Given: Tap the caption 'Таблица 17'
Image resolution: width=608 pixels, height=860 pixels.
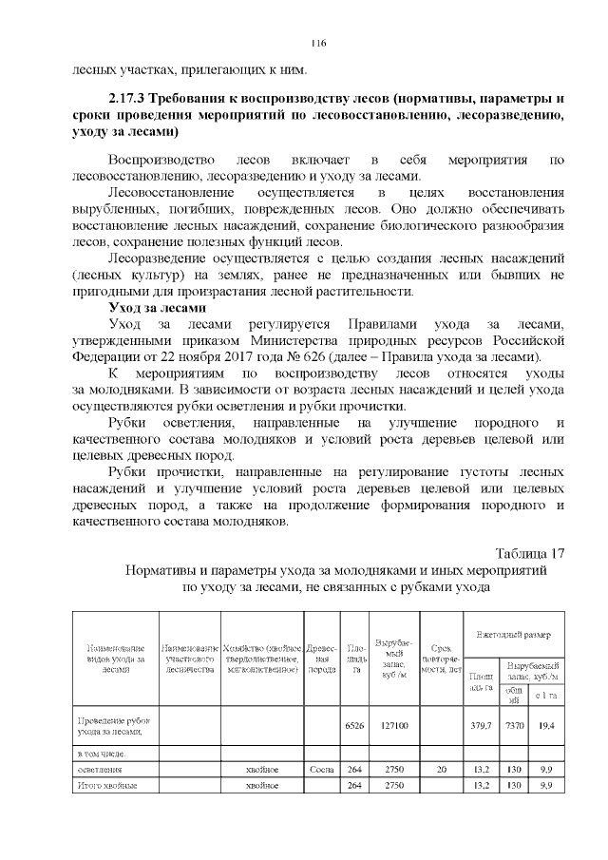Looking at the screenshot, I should [x=531, y=554].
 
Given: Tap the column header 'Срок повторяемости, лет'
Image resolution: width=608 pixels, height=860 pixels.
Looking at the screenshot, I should [x=441, y=657].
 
